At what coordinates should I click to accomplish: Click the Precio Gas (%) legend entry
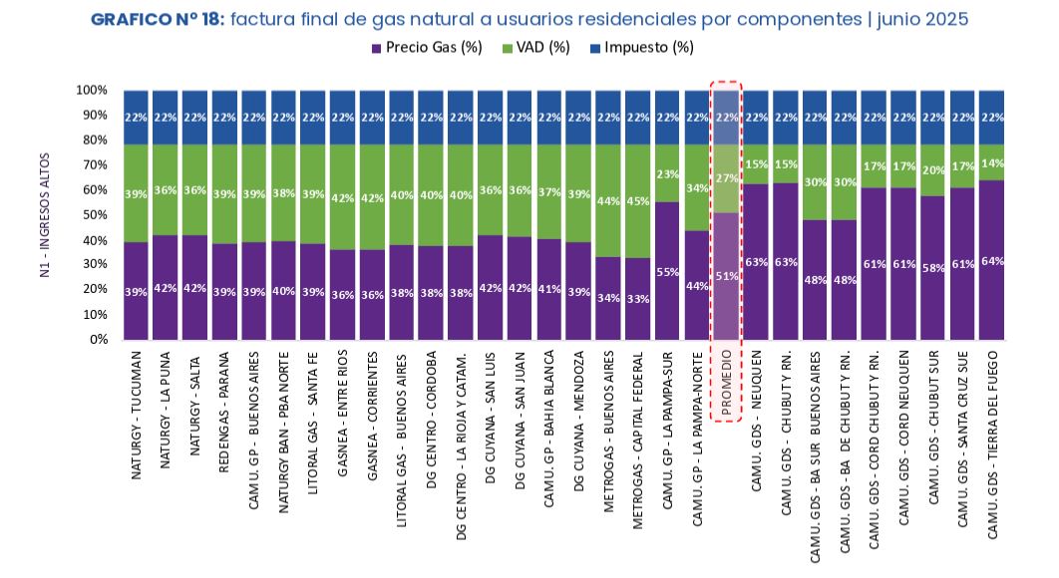tap(433, 48)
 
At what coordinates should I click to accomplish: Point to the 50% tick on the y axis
tap(94, 214)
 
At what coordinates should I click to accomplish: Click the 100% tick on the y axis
tap(92, 90)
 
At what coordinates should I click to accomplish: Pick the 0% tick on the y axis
tap(98, 339)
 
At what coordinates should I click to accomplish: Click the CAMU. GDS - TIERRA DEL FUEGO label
tap(992, 444)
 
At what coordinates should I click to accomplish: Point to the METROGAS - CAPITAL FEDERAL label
tap(637, 438)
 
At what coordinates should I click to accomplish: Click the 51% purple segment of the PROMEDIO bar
tap(726, 276)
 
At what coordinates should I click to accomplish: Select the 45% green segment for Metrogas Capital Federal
tap(637, 201)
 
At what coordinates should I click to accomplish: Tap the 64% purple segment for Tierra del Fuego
tap(992, 260)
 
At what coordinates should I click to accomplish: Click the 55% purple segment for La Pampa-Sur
tap(667, 270)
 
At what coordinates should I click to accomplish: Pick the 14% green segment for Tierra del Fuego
tap(992, 162)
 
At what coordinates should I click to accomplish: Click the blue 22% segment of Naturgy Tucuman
tap(136, 118)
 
